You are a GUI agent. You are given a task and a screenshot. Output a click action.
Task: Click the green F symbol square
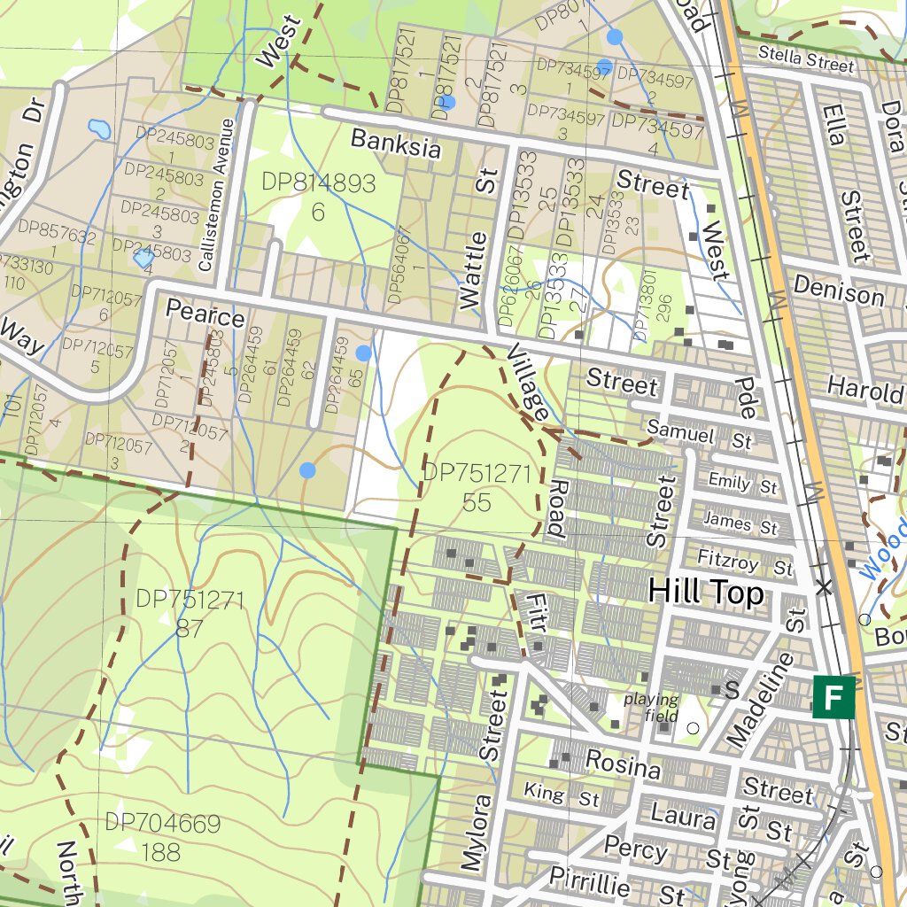pos(833,696)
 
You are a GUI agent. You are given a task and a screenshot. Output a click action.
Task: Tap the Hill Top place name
pos(706,593)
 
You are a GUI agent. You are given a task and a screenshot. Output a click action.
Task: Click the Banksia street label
pos(396,143)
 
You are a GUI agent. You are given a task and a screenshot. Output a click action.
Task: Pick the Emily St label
pos(742,484)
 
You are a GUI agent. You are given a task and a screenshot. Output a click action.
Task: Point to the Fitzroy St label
pos(744,562)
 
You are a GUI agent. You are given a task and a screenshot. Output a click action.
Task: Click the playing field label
pos(651,707)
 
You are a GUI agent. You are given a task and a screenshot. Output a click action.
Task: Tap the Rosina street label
pos(623,764)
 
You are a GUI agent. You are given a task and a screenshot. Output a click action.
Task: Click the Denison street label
pos(838,290)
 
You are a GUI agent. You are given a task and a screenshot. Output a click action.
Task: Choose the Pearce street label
pos(205,314)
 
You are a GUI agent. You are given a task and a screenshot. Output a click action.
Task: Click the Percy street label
pos(636,849)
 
